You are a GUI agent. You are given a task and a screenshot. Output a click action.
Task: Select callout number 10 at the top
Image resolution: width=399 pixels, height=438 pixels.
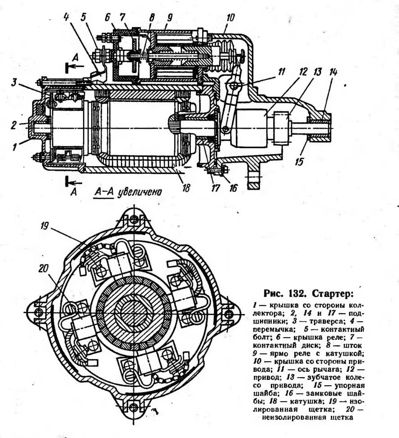point(230,18)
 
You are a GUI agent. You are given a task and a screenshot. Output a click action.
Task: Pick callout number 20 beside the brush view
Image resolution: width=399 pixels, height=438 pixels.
point(43,269)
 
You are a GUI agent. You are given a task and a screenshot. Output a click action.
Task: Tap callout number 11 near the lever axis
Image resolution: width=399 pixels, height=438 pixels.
point(280,71)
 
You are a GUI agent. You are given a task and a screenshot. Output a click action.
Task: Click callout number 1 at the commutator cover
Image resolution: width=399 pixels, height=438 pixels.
point(15,146)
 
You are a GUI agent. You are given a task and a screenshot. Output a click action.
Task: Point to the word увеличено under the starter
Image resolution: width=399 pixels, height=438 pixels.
point(139,192)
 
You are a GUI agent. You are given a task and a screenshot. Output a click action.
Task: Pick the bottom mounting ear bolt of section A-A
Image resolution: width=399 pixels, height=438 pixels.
point(134,405)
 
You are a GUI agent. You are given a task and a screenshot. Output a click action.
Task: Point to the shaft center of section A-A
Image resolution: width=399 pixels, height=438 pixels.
point(134,312)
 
